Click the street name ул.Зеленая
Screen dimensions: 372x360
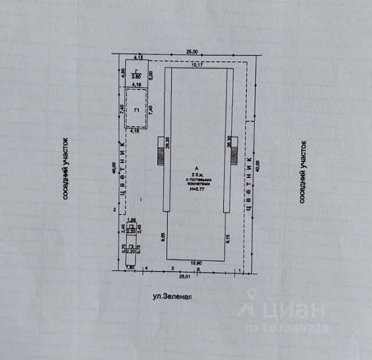171,296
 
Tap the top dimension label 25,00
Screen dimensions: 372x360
192,51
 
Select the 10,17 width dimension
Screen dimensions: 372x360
198,65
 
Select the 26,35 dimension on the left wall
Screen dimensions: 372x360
167,142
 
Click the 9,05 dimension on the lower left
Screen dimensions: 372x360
164,237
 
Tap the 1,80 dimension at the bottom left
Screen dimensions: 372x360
130,268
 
